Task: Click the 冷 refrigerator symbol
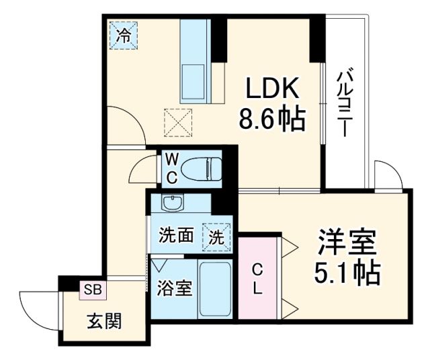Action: pos(124,36)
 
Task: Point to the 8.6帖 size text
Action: pos(271,120)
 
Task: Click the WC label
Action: pos(171,168)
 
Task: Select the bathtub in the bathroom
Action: pos(216,289)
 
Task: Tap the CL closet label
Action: pos(257,279)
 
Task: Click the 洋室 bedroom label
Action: pos(345,242)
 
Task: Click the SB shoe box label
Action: pos(93,289)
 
